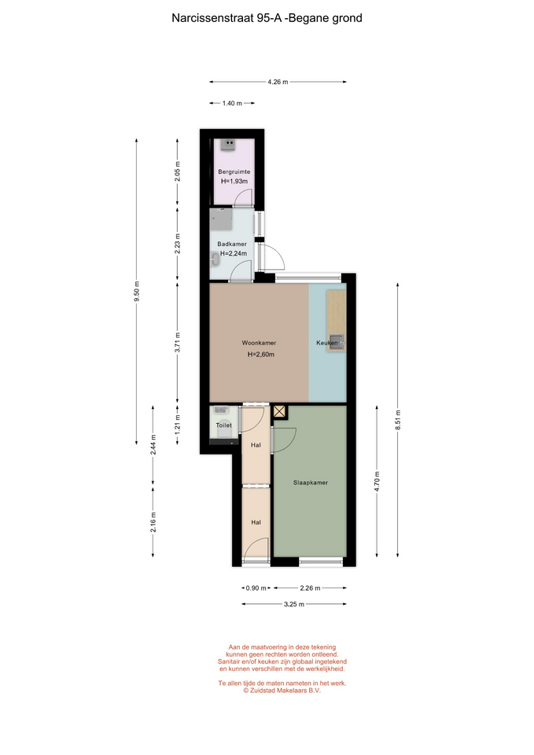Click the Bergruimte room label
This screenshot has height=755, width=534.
234,172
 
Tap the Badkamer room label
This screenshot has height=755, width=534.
231,244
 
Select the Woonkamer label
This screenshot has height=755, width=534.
259,344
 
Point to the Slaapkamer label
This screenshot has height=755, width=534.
311,482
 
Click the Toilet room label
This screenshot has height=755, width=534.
224,425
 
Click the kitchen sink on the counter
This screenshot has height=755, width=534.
337,342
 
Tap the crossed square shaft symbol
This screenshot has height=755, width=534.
280,411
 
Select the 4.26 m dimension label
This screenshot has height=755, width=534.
278,82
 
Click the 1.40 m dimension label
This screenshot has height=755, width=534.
232,103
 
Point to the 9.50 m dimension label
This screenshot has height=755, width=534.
137,292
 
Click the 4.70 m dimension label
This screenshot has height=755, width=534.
377,481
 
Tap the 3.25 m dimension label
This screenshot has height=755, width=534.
293,604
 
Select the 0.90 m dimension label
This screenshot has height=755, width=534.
256,588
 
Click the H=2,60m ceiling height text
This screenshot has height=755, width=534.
261,355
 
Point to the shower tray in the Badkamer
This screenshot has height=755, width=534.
221,219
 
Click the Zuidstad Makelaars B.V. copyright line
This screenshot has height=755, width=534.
282,690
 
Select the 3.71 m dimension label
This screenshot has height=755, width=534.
178,342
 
